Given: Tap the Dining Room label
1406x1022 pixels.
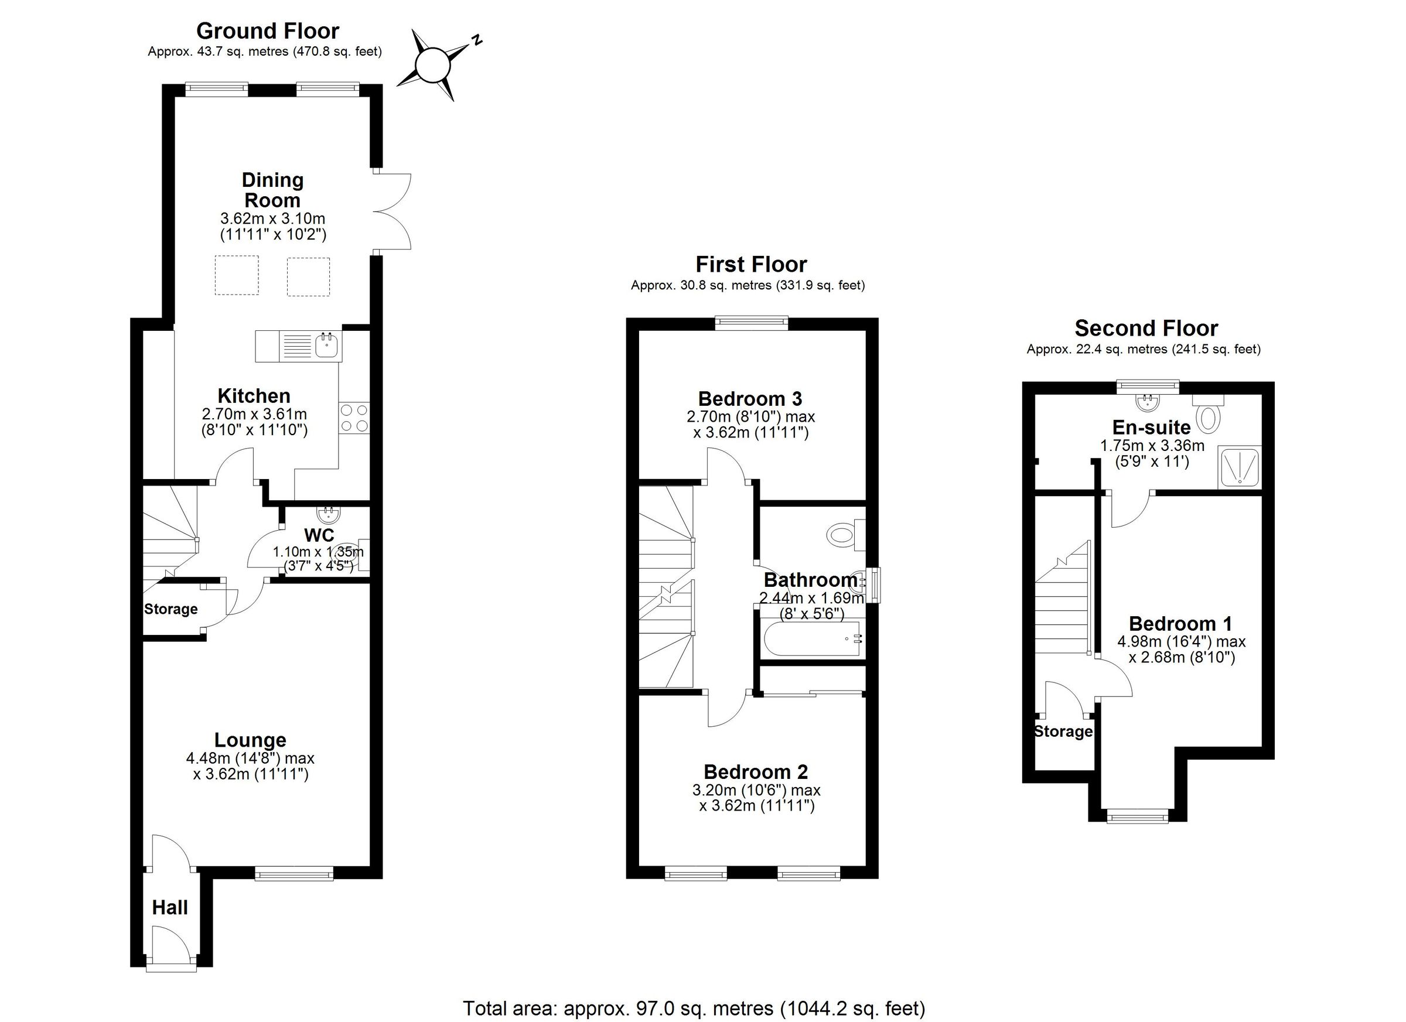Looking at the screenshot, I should pyautogui.click(x=272, y=190).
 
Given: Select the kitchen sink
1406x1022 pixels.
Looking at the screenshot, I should pyautogui.click(x=326, y=345).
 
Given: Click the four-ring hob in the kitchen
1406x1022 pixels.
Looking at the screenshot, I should pyautogui.click(x=354, y=417).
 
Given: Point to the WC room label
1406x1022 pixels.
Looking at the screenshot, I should pyautogui.click(x=319, y=535).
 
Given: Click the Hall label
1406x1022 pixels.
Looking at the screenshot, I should pyautogui.click(x=170, y=908).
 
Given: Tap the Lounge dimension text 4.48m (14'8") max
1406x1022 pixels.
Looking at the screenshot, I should pyautogui.click(x=251, y=758).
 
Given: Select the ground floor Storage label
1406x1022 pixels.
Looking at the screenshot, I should pyautogui.click(x=170, y=609).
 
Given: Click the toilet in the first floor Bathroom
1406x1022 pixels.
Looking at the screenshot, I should pyautogui.click(x=842, y=534).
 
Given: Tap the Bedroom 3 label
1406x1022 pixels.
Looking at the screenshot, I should pyautogui.click(x=750, y=398).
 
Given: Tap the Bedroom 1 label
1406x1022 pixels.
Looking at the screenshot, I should pyautogui.click(x=1180, y=624).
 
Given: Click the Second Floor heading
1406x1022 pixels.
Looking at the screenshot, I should pyautogui.click(x=1146, y=328).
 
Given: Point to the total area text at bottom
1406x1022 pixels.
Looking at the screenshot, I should pyautogui.click(x=694, y=1009).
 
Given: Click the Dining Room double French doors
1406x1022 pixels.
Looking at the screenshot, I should pyautogui.click(x=392, y=211).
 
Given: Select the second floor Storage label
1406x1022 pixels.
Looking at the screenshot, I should pyautogui.click(x=1063, y=732).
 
